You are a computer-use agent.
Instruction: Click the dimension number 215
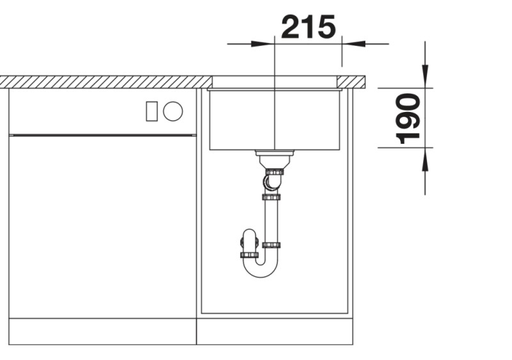click(308, 27)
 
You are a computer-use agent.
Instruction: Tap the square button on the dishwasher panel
click(152, 111)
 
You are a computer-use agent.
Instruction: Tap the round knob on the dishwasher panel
click(173, 111)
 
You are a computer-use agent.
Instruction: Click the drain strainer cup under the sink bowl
click(274, 156)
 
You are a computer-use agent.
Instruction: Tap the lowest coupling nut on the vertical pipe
click(273, 245)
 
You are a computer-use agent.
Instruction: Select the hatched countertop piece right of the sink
click(351, 81)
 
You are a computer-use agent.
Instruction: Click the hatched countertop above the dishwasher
click(102, 81)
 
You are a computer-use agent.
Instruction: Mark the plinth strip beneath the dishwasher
click(102, 332)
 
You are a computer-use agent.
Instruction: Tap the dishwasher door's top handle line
click(102, 135)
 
